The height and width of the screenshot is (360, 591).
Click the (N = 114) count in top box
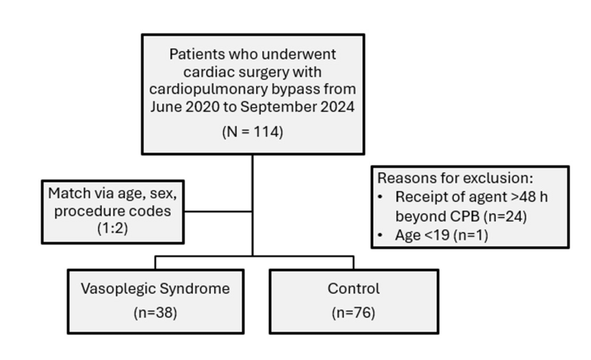pos(252,132)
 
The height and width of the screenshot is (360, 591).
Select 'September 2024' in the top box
pos(297,107)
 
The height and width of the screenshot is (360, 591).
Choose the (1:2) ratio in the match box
pos(113,228)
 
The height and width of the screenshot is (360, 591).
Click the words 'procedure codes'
pos(113,211)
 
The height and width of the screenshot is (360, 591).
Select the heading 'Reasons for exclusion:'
pos(456,178)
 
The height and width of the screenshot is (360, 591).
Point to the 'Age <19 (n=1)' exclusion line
pos(441,235)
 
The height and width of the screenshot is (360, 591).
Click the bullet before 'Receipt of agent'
pos(380,197)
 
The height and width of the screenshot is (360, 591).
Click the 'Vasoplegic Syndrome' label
pos(155,289)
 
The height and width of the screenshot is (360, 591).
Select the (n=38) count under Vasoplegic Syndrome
pos(155,313)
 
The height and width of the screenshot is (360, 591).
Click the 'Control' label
pos(354,289)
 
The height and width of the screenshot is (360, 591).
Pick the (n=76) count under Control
pos(354,313)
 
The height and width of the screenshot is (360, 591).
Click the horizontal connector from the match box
pos(218,211)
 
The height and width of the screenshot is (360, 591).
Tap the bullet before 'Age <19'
pos(380,235)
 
